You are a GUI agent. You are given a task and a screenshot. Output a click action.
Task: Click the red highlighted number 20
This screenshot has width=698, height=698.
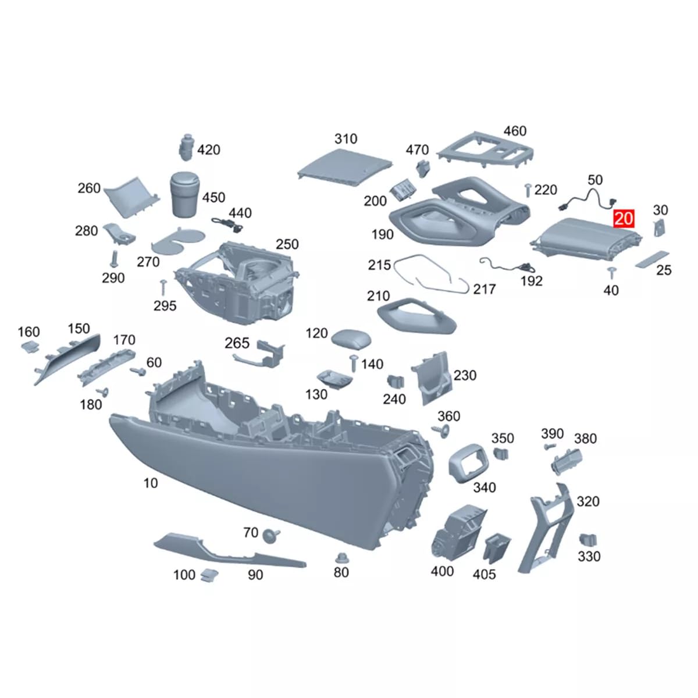623,219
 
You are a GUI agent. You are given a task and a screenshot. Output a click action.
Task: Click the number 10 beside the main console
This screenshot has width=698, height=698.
150,483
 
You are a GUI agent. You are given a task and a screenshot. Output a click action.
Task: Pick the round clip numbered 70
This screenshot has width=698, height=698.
270,535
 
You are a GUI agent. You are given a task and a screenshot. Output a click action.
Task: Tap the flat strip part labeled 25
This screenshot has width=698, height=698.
651,259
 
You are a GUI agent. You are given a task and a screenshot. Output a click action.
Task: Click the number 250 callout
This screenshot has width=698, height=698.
287,244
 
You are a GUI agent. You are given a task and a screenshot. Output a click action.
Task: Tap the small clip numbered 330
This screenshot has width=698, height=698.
587,539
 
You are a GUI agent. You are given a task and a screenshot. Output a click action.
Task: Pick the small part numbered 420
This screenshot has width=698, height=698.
185,148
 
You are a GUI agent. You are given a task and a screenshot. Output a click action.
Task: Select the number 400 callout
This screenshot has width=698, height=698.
442,571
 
